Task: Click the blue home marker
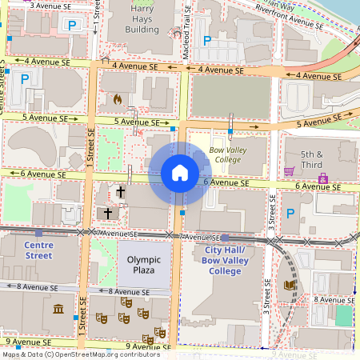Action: [x=179, y=173]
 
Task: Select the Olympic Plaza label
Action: [x=143, y=266]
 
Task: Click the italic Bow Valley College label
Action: [x=226, y=154]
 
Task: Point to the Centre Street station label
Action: [x=38, y=250]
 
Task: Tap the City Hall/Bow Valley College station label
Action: [x=218, y=261]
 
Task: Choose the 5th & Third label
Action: [x=311, y=159]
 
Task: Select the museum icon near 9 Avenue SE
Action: [x=58, y=309]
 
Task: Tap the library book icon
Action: [x=290, y=285]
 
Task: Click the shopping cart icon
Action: [x=289, y=171]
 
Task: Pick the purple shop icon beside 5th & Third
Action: [x=322, y=177]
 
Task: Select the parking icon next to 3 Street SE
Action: [x=290, y=214]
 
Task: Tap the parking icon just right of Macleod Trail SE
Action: [x=206, y=40]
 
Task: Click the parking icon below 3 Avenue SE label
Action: [x=71, y=26]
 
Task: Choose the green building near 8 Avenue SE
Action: [x=343, y=315]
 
